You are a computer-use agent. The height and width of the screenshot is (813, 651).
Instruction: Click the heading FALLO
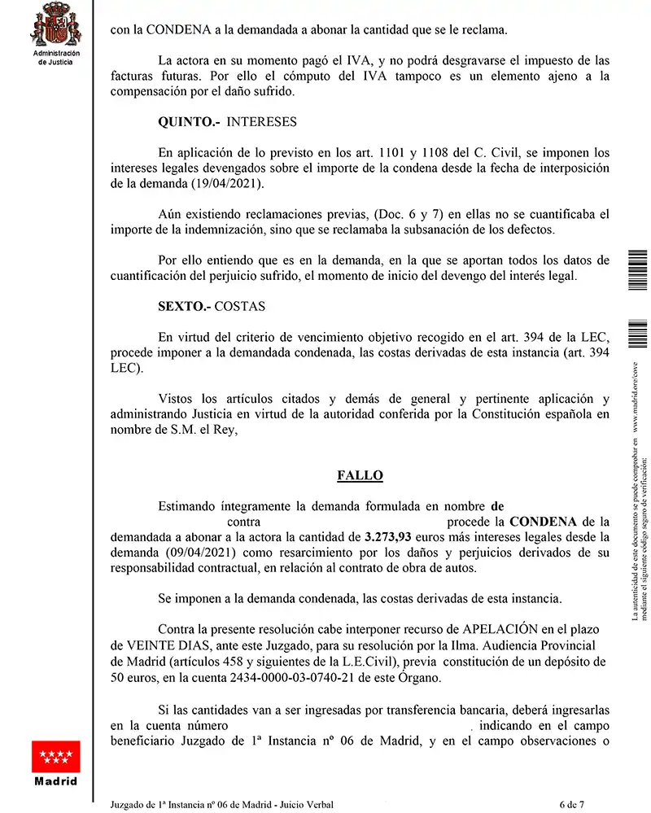point(360,475)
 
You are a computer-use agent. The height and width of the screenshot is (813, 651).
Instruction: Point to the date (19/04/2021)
point(228,185)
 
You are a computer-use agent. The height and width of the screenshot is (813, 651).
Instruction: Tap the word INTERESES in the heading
point(261,122)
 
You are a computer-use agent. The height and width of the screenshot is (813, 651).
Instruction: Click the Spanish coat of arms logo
point(55,24)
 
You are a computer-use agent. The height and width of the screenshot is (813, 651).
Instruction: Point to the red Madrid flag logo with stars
point(55,757)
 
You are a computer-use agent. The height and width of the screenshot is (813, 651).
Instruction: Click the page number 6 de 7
point(571,805)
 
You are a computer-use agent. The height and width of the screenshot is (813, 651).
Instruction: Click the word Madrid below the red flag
point(55,781)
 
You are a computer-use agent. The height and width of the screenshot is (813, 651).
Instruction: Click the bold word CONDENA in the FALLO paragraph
point(543,522)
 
